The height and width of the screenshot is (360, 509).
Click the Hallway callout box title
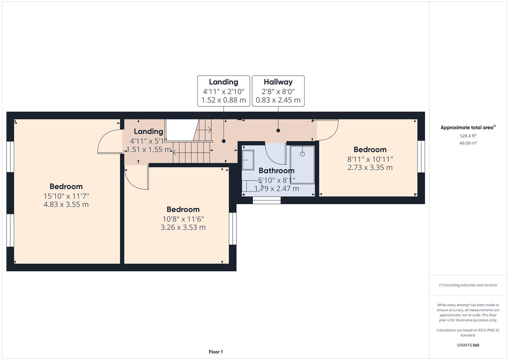pos(278,82)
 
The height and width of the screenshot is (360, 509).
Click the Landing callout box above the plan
pos(224,91)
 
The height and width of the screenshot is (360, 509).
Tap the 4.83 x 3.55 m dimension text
pos(66,204)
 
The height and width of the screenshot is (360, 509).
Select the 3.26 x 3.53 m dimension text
pos(183,227)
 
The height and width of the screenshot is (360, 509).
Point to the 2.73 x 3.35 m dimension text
pos(370,167)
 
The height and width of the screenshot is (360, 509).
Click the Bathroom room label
pos(277,170)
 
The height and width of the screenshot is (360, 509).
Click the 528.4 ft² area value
pos(468,136)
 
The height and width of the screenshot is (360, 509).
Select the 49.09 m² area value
pos(468,143)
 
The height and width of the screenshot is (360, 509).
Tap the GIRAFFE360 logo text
pos(468,345)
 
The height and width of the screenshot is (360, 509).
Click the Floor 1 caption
pos(216,352)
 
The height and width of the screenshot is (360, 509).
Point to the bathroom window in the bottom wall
pos(267,200)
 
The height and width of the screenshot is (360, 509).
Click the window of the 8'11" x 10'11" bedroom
pos(421,157)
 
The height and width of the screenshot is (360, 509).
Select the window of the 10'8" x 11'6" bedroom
pos(233,228)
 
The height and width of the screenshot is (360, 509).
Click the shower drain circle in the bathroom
pos(302,154)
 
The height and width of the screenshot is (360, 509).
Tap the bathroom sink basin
pos(248,160)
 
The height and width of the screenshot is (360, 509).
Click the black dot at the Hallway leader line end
pos(278,130)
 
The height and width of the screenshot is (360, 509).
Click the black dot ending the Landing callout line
pos(224,141)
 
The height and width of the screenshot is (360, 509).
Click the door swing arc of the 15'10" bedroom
pos(105,139)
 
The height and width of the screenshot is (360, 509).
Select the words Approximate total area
pos(467,127)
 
